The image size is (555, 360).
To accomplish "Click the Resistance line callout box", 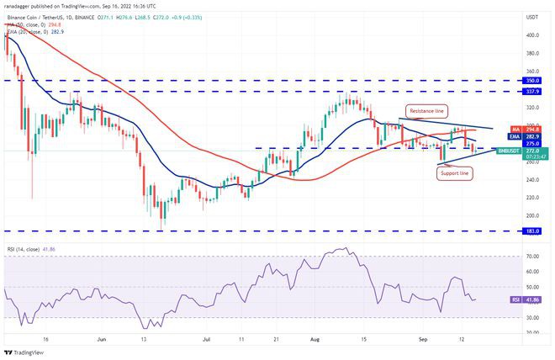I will [x=426, y=110].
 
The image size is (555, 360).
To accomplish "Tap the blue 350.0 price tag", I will [x=532, y=81].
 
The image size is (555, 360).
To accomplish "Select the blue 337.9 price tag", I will [x=532, y=91].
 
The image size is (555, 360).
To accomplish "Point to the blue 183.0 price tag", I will [x=532, y=230].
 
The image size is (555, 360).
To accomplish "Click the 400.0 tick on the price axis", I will [x=531, y=35].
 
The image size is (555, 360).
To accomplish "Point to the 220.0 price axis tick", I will [x=531, y=198].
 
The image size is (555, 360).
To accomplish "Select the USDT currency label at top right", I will [x=531, y=17].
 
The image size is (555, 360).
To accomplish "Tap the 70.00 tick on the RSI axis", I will [x=531, y=255].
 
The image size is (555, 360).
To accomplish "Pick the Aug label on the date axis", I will [x=314, y=340].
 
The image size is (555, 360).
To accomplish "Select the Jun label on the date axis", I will [x=102, y=340].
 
